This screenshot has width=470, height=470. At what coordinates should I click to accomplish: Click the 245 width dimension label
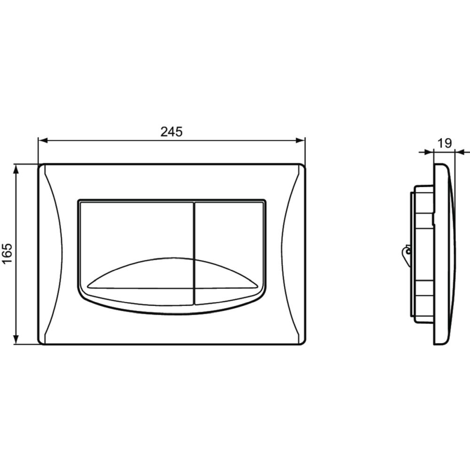[172, 132]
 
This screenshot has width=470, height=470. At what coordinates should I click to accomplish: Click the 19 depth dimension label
[445, 143]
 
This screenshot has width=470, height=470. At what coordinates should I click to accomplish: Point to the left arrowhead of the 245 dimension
[43, 140]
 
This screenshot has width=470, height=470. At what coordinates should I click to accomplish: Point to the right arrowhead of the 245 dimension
[300, 140]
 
